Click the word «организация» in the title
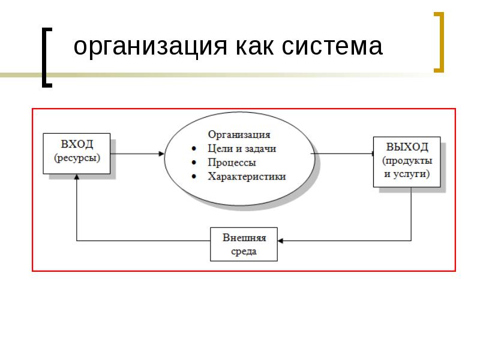click(x=151, y=47)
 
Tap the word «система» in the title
click(x=332, y=46)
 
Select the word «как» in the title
click(x=254, y=46)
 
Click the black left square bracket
click(x=47, y=58)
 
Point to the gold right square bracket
click(x=439, y=42)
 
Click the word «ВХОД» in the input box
click(x=77, y=144)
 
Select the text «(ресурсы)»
click(x=77, y=158)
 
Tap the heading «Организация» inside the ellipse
click(x=239, y=134)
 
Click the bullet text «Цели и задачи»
click(x=242, y=148)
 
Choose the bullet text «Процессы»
click(x=232, y=163)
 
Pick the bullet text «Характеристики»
click(x=247, y=176)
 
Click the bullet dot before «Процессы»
click(x=194, y=163)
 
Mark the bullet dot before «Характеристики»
click(x=194, y=176)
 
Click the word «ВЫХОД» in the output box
click(x=407, y=147)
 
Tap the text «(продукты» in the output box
click(x=407, y=161)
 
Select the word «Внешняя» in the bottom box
click(x=244, y=238)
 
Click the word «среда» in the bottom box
click(x=244, y=251)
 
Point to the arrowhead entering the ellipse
click(x=161, y=154)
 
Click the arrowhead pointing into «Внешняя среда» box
click(x=280, y=241)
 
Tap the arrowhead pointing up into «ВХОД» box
click(x=77, y=177)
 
